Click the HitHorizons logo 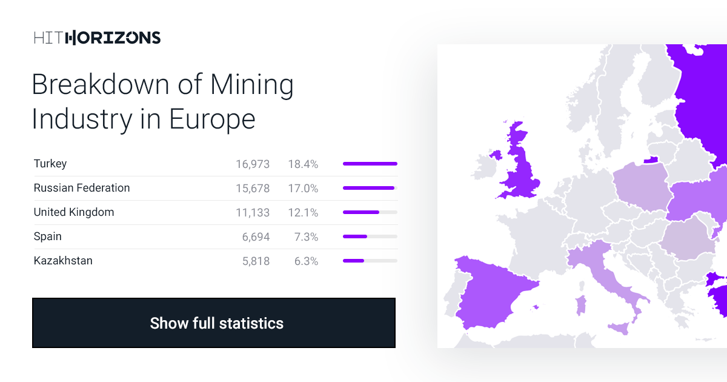pos(97,38)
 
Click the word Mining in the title pos(251,84)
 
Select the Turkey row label pos(50,164)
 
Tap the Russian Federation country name pos(82,188)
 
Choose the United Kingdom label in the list pos(74,212)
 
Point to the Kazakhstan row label pos(63,261)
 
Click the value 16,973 pos(253,164)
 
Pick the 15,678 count pos(253,188)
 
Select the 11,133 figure pos(253,212)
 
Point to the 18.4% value pos(303,164)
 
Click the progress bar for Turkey pos(370,164)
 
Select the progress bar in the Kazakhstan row pos(370,261)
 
